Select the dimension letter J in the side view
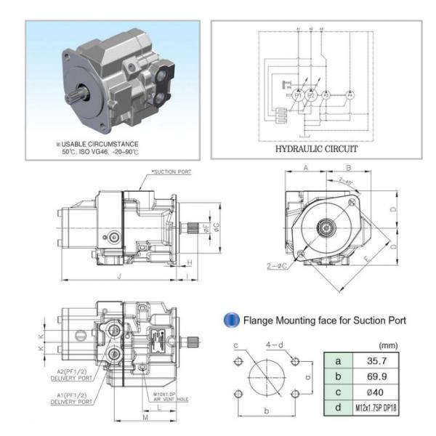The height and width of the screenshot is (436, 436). (118, 278)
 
